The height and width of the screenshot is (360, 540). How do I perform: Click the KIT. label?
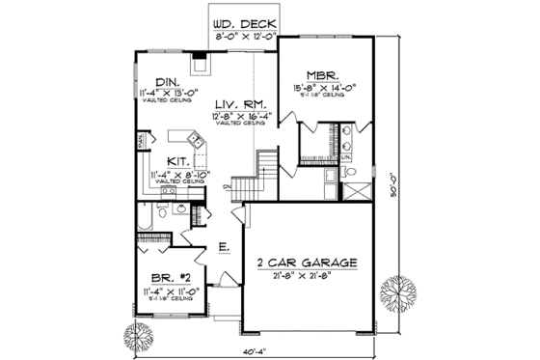(177, 161)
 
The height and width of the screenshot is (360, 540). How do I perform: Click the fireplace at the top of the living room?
(200, 65)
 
